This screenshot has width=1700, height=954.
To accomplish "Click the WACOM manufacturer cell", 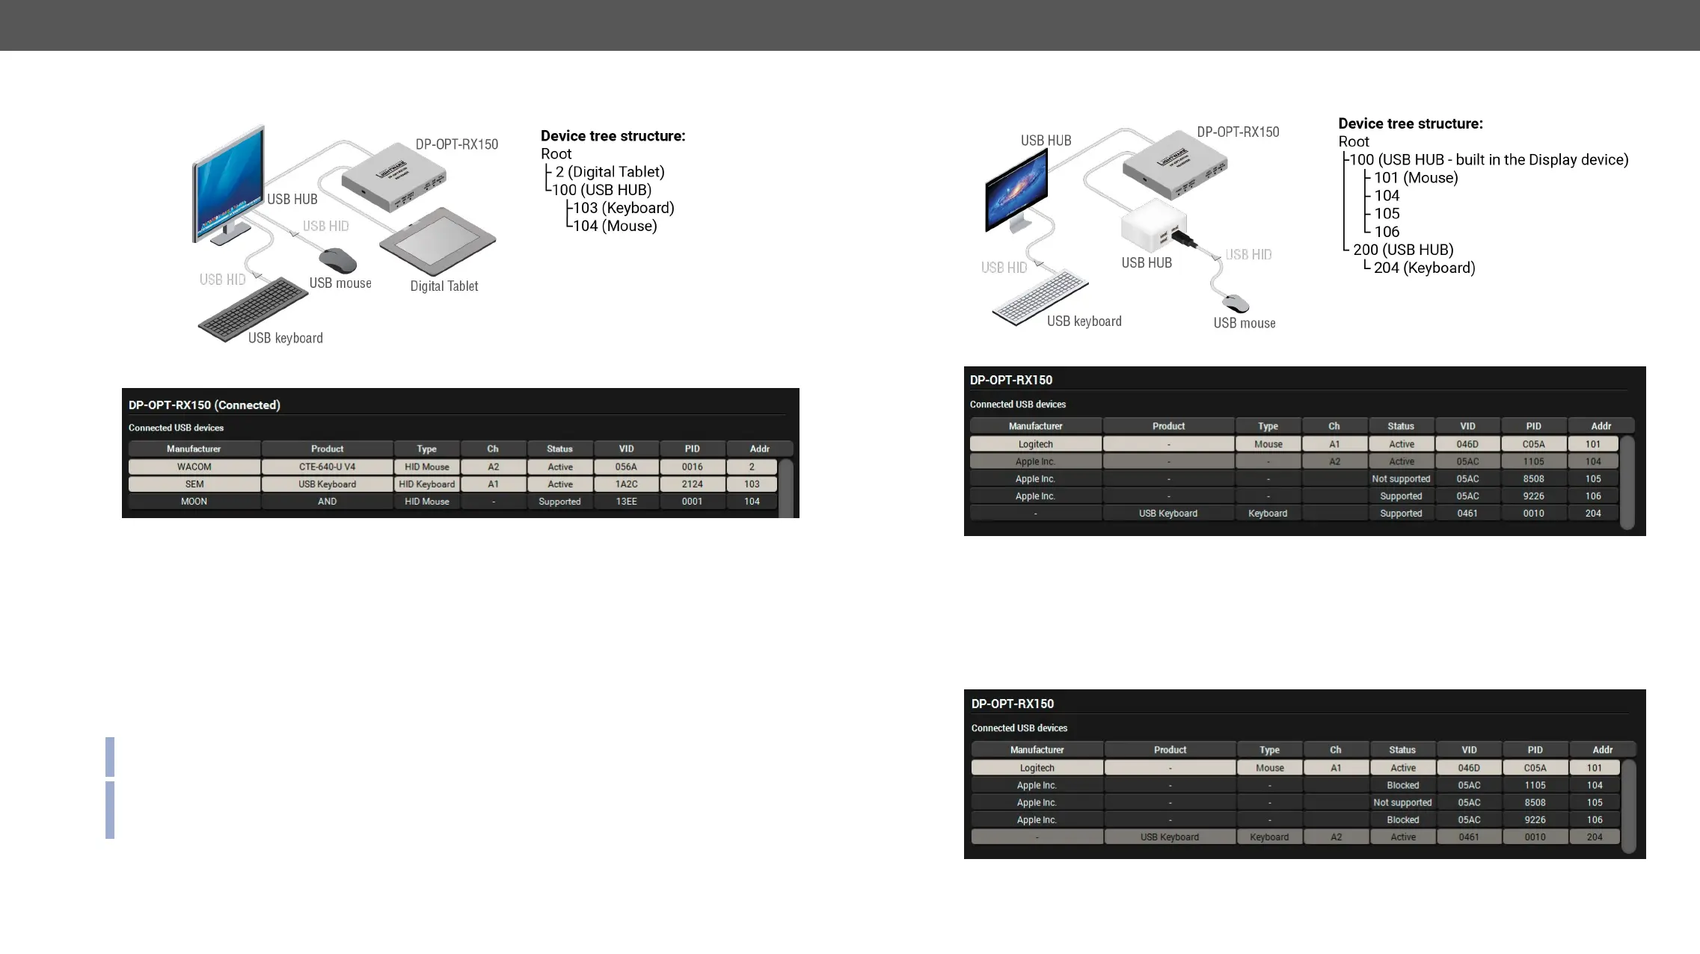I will (x=194, y=467).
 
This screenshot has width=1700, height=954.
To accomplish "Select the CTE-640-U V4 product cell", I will (x=327, y=467).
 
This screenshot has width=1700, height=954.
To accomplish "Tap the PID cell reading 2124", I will (x=692, y=484).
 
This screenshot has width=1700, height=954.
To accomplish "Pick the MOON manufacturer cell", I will (x=194, y=502).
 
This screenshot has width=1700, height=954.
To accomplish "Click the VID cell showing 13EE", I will (x=626, y=502).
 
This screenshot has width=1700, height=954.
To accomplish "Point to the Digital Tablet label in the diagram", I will (x=444, y=286).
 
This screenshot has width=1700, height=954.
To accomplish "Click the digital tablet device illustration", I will (x=438, y=241).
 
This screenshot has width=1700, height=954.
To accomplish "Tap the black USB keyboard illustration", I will (x=253, y=308).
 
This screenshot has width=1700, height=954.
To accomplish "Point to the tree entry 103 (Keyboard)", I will (x=623, y=208).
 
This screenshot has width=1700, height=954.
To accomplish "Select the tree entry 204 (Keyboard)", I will (x=1424, y=268).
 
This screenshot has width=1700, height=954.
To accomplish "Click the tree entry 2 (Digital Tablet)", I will (x=610, y=172).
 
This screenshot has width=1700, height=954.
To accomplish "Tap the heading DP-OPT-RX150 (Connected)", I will (x=204, y=405).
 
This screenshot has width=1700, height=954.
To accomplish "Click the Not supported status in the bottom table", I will (x=1402, y=802).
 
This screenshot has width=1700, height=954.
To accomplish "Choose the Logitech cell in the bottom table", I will (x=1037, y=768).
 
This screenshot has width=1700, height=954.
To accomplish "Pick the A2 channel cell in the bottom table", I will (x=1336, y=837).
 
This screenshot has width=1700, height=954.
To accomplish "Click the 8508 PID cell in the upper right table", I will (x=1533, y=478).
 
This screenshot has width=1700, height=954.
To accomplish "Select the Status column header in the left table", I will (x=559, y=449).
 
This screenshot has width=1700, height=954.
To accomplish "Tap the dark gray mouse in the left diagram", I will (x=338, y=261).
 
